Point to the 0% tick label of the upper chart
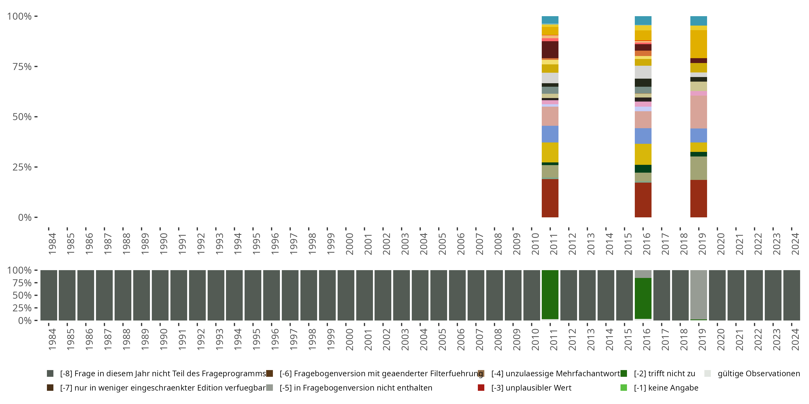click(x=25, y=217)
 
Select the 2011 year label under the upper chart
click(x=553, y=244)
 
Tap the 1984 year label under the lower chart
click(x=52, y=339)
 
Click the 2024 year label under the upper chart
click(x=795, y=244)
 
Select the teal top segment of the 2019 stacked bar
click(x=698, y=21)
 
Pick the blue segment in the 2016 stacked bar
click(x=643, y=136)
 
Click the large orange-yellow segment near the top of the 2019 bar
click(x=698, y=44)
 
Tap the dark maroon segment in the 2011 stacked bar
click(x=550, y=50)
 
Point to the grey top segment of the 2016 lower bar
click(x=643, y=274)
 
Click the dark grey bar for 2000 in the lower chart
click(x=346, y=295)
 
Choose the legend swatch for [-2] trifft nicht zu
click(x=624, y=374)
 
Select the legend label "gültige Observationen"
click(x=758, y=374)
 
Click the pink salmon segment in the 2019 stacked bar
click(x=698, y=112)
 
